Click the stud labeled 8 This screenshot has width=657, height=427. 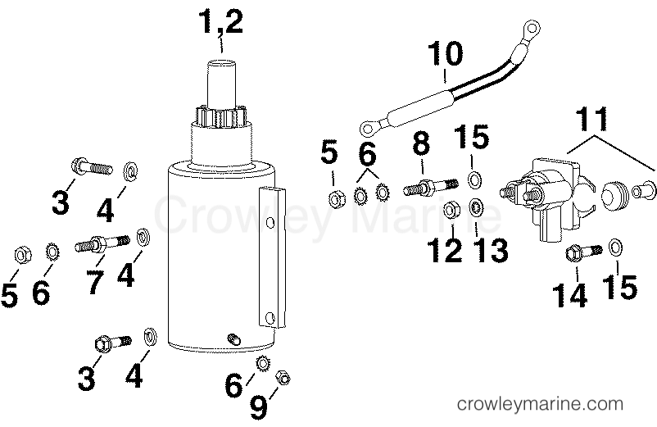click(424, 189)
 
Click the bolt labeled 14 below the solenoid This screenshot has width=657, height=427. click(582, 251)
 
